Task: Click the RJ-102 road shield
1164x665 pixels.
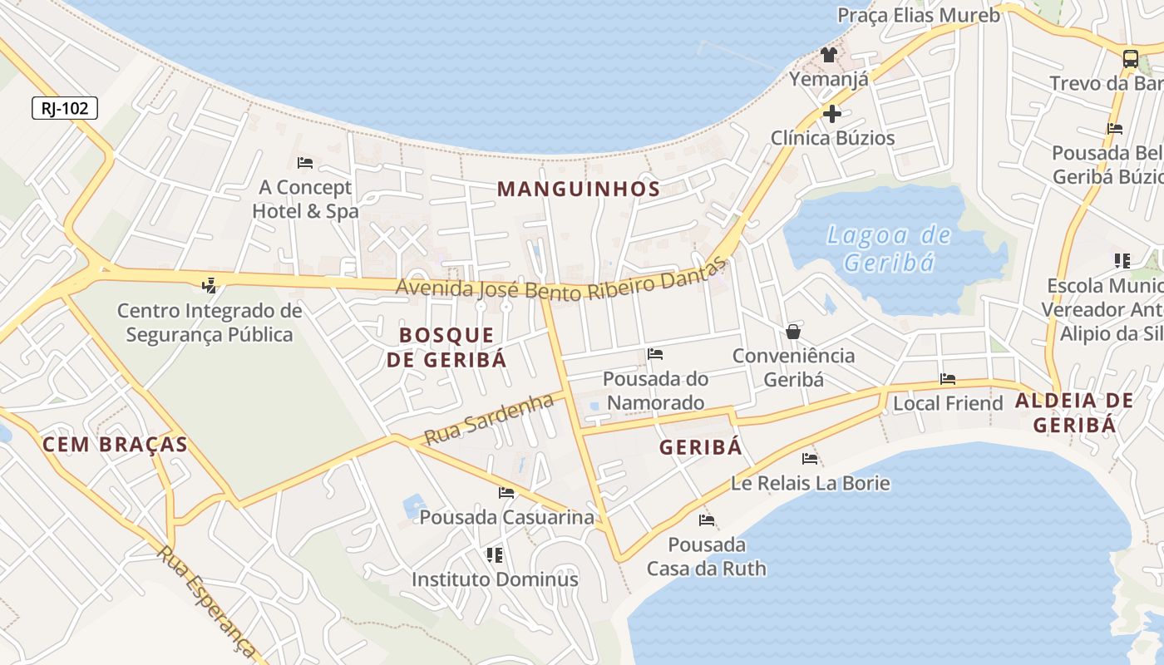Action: [65, 108]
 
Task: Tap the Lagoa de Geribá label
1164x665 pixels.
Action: [888, 249]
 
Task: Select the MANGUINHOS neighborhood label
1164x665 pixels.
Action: [579, 189]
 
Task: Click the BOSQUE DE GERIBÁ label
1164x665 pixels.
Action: [446, 347]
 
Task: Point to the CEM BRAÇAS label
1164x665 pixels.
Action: [115, 445]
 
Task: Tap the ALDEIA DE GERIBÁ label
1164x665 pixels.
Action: [1073, 412]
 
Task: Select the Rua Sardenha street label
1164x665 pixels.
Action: [489, 419]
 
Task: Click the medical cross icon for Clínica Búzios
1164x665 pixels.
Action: [832, 114]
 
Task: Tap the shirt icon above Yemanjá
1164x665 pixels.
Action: [828, 56]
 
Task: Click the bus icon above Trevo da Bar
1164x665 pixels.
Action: [1130, 59]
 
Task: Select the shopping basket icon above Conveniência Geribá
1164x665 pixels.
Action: [793, 332]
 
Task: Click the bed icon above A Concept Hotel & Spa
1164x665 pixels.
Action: [305, 162]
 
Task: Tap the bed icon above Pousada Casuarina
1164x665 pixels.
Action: [506, 493]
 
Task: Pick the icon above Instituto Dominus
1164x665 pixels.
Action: [495, 554]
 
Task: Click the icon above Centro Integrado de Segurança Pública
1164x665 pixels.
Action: [209, 286]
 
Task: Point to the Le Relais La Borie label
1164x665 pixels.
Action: [810, 483]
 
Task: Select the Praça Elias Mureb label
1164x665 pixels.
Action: [918, 15]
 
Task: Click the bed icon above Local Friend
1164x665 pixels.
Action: [948, 379]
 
